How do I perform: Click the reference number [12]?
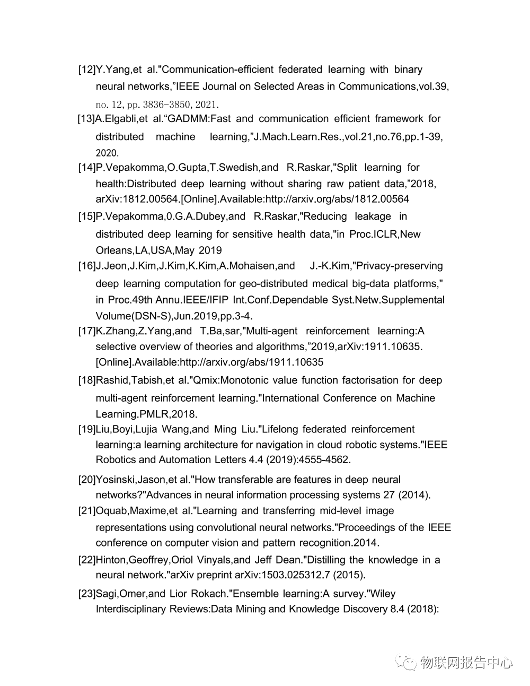87,70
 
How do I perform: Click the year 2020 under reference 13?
107,153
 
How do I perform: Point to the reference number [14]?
87,168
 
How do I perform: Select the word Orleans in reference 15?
113,250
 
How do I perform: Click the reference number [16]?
87,266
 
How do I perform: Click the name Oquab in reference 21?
112,511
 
